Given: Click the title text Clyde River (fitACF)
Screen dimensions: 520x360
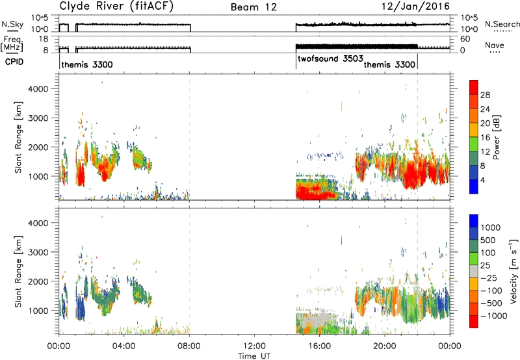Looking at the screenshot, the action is (x=116, y=6).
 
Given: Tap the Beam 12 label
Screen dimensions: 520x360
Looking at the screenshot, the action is (x=253, y=7).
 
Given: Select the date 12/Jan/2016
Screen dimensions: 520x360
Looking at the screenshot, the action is (x=415, y=6).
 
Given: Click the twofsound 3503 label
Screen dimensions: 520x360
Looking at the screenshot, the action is (x=330, y=59).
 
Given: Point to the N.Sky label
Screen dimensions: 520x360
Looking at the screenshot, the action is (x=12, y=24).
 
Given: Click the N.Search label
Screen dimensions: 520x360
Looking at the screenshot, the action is (x=502, y=24).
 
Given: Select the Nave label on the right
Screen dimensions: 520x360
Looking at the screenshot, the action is (x=495, y=45).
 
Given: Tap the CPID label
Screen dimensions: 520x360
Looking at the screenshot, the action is (x=14, y=62).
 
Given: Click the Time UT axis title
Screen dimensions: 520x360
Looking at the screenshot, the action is (x=254, y=356).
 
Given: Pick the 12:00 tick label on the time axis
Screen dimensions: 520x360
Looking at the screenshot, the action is (x=254, y=346).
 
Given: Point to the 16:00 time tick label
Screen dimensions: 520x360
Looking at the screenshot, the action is (x=319, y=346).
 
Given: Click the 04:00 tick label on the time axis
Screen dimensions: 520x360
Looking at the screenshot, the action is (x=123, y=346).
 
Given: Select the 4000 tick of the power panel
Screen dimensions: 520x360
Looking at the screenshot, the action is (x=38, y=89).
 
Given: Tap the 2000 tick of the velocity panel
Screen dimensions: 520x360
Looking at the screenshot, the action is (x=38, y=281).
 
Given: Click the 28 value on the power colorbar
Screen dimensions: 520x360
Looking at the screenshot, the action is (x=485, y=95).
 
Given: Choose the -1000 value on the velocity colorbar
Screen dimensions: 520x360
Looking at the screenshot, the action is (x=493, y=316).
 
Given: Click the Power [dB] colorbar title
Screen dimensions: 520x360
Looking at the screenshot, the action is (x=497, y=137).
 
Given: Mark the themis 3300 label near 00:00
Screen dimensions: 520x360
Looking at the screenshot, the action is (x=87, y=64).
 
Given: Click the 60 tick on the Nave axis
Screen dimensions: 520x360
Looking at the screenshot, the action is (x=465, y=39).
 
